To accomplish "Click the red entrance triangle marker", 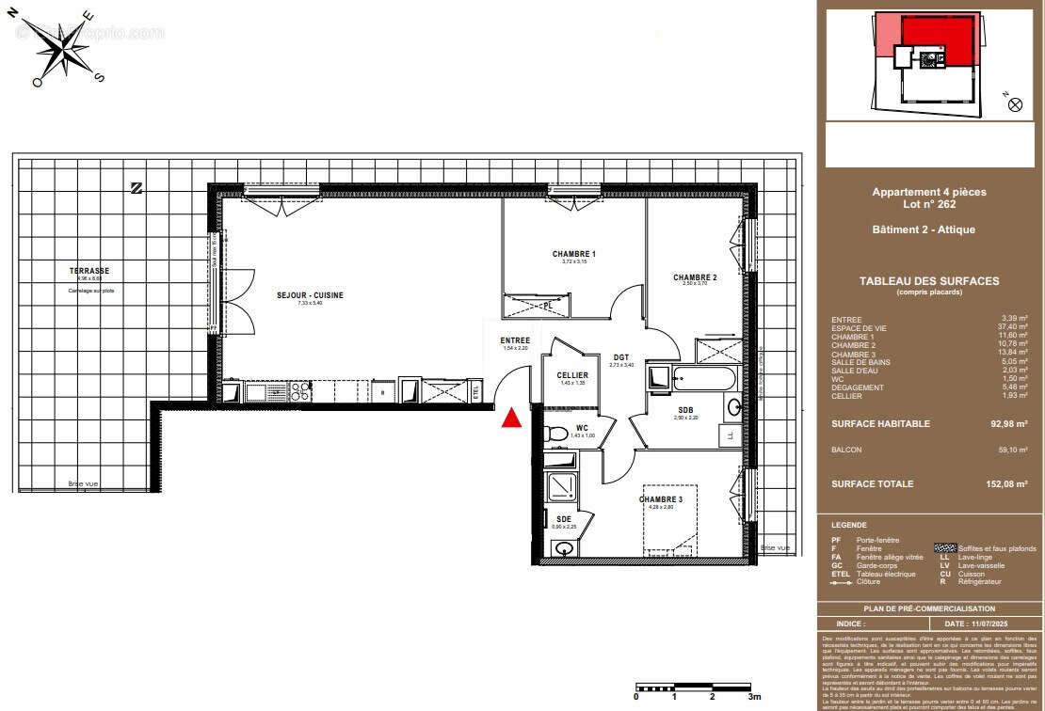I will click(511, 419).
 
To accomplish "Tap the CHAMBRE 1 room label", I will click(573, 254).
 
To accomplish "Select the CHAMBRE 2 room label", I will click(695, 277).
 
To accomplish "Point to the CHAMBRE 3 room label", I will click(660, 499).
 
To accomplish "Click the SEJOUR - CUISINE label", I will click(310, 295).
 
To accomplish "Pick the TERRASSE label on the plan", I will click(89, 271).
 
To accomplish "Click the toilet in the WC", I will click(555, 434).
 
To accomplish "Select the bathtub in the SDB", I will click(691, 381).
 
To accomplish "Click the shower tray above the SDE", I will click(563, 485).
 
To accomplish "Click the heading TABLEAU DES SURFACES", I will click(928, 281).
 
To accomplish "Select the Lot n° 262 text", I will click(929, 203).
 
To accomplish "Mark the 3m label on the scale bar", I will click(753, 697).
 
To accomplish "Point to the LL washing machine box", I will click(729, 434).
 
